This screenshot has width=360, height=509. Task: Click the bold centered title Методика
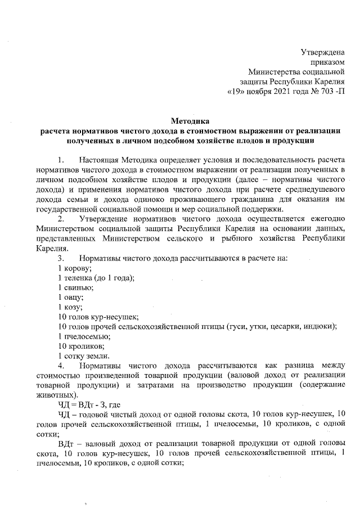point(189,120)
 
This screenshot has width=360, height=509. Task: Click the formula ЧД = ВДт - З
point(86,405)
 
